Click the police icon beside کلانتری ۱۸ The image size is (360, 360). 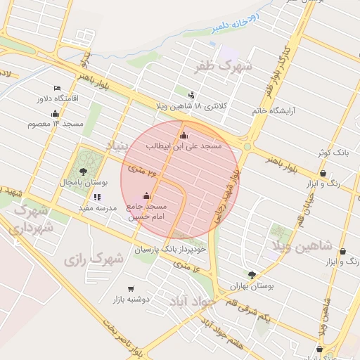[192, 95]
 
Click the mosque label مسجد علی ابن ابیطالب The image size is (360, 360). [184, 146]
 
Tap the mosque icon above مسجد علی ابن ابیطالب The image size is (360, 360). [184, 135]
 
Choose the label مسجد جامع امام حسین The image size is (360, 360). [147, 212]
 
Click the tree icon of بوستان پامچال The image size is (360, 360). [84, 171]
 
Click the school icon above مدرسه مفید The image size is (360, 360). [97, 198]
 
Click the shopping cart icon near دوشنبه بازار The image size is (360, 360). [131, 289]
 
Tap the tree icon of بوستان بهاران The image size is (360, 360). [252, 276]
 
